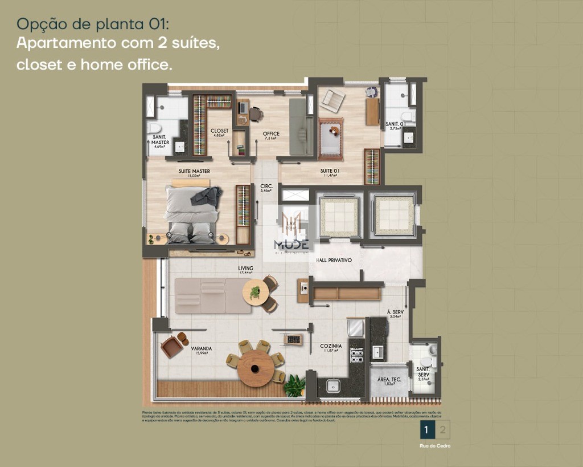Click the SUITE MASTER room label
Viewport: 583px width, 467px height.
click(194, 171)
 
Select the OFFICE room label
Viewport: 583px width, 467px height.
click(271, 135)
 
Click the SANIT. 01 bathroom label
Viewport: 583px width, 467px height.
click(395, 124)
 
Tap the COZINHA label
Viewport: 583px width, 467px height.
click(331, 346)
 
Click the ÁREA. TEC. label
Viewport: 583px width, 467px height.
click(388, 380)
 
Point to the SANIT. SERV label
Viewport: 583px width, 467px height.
click(423, 372)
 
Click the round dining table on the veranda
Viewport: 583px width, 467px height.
click(256, 368)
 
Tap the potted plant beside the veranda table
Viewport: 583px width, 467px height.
click(294, 386)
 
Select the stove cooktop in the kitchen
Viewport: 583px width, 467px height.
click(356, 356)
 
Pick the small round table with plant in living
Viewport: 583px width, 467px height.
click(255, 293)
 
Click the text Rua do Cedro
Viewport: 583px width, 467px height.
click(435, 446)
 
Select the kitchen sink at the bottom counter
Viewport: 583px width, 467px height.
click(333, 387)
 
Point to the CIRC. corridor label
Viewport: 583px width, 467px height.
click(266, 187)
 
